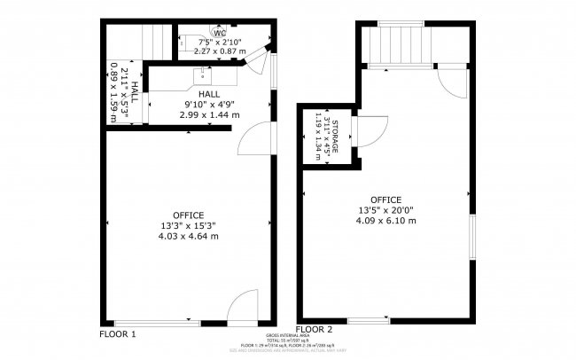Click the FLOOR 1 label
[x=117, y=334]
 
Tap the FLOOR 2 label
[x=314, y=330]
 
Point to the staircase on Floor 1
[x=157, y=41]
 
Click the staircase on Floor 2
[x=401, y=43]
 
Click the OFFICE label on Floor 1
[x=189, y=215]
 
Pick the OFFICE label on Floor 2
[x=386, y=200]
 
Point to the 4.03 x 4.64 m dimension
[x=189, y=237]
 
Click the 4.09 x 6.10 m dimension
[x=386, y=220]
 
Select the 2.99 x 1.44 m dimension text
[x=209, y=114]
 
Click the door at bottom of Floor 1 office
[x=241, y=309]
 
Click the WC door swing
[x=255, y=61]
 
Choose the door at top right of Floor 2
[x=452, y=82]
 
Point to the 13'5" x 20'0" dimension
[x=386, y=210]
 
